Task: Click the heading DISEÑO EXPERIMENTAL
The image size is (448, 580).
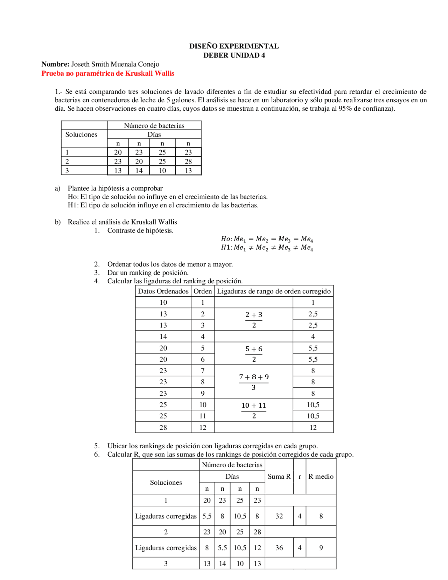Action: tap(234, 46)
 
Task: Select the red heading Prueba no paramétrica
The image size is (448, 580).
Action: tap(108, 73)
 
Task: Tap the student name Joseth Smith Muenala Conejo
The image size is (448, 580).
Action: tap(115, 64)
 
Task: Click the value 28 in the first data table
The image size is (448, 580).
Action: tap(188, 161)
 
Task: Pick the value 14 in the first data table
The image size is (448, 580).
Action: tap(139, 171)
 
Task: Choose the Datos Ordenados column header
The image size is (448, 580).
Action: tap(163, 291)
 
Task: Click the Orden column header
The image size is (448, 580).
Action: tap(203, 291)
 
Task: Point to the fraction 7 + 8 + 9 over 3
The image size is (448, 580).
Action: tap(254, 382)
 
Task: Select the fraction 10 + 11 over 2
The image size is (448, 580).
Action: tap(254, 410)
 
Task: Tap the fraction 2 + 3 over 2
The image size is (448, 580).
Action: tap(254, 319)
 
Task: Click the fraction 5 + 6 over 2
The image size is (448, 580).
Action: tap(254, 354)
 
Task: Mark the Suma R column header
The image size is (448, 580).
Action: tap(279, 476)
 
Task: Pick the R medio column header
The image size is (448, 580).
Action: tap(321, 476)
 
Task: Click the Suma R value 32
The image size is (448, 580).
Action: tap(279, 516)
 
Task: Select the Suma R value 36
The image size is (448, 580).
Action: tap(279, 548)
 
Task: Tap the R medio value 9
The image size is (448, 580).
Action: tap(321, 548)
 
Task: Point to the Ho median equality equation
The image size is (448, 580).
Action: tap(267, 239)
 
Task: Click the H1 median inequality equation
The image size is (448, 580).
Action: tap(267, 248)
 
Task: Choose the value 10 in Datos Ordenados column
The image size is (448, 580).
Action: tap(163, 303)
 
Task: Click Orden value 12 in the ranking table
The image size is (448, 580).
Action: tap(203, 427)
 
